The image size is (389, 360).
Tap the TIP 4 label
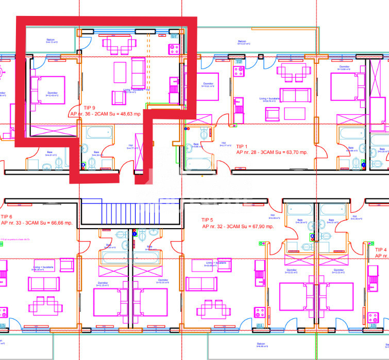tap(382, 249)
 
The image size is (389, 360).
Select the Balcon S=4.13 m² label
tap(51, 41)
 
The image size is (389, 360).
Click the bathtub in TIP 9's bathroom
tap(99, 133)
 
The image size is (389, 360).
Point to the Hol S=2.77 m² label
tap(224, 145)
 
